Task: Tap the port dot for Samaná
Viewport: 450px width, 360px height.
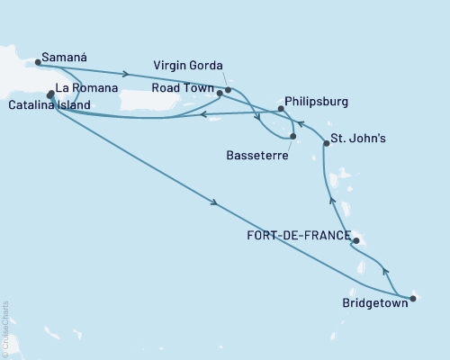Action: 38,63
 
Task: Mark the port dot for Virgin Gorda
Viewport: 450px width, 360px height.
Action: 228,90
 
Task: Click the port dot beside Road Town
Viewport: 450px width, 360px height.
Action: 220,93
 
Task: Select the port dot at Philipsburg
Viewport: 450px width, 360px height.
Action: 281,109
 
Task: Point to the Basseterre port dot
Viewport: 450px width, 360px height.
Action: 293,137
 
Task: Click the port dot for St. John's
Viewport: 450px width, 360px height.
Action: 326,144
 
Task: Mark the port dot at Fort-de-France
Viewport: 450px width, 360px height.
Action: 356,241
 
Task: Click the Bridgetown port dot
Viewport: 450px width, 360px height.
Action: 412,298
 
